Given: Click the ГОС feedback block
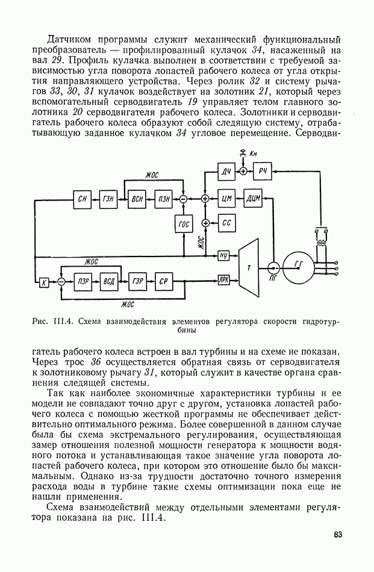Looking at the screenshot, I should click(184, 224).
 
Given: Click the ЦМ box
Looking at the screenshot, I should click(227, 199).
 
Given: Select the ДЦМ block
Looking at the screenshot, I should click(253, 199).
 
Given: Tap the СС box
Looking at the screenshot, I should click(226, 223).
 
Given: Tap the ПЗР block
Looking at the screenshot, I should click(83, 281).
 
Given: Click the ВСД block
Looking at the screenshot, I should click(109, 281).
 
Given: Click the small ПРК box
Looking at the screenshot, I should click(223, 280).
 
